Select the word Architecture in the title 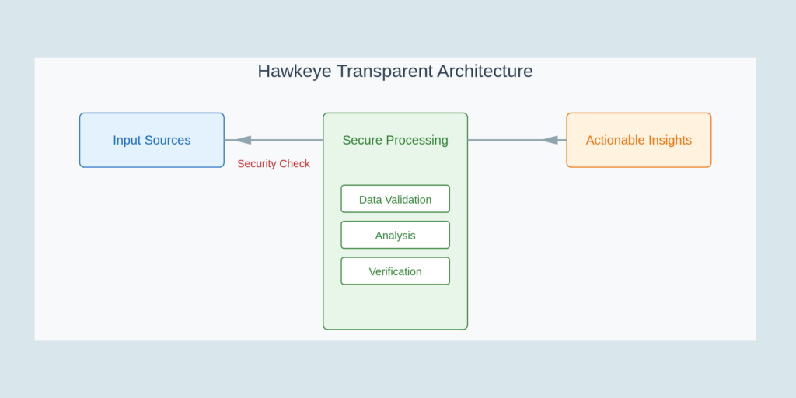click(x=485, y=72)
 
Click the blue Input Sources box click(x=152, y=140)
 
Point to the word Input click(x=127, y=141)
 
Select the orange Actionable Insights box click(x=638, y=140)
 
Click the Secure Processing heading click(x=395, y=141)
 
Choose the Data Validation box click(x=395, y=199)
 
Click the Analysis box click(x=395, y=235)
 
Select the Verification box click(x=395, y=271)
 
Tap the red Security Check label click(x=274, y=164)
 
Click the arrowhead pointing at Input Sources click(x=243, y=140)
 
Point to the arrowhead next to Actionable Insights click(x=550, y=140)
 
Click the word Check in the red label click(x=295, y=164)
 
